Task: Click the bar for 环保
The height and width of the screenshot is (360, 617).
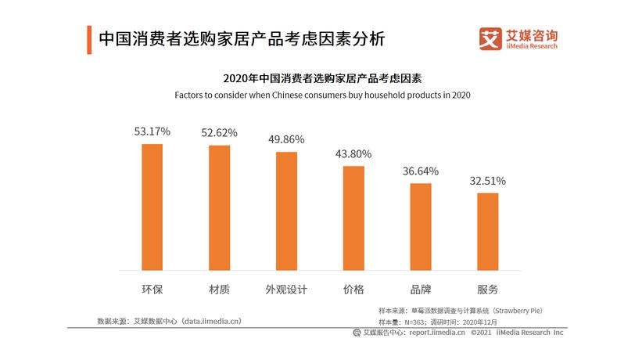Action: tap(152, 207)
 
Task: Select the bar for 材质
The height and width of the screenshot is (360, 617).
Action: tap(219, 208)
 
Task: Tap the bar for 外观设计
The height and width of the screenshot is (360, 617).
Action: tap(286, 211)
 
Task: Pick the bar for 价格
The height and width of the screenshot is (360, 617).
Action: tap(353, 218)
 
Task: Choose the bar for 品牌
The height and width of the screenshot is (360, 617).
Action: tap(421, 227)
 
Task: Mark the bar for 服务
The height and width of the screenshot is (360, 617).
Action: tap(488, 232)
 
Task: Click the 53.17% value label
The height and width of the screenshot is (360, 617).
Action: tap(152, 131)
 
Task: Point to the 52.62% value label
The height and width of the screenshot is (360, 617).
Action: tap(219, 132)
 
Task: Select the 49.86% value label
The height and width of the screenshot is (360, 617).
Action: tap(286, 139)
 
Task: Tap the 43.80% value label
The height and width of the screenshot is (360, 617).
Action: tap(353, 153)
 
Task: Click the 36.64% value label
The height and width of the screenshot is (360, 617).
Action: tap(421, 171)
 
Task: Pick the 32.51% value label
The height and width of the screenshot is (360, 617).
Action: tap(488, 181)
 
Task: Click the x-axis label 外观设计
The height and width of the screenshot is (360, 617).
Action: tap(286, 289)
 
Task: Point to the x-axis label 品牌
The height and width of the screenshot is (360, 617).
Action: tap(421, 289)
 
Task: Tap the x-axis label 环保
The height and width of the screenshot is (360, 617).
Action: tap(152, 289)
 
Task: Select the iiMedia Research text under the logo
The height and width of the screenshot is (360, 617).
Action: tap(532, 47)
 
